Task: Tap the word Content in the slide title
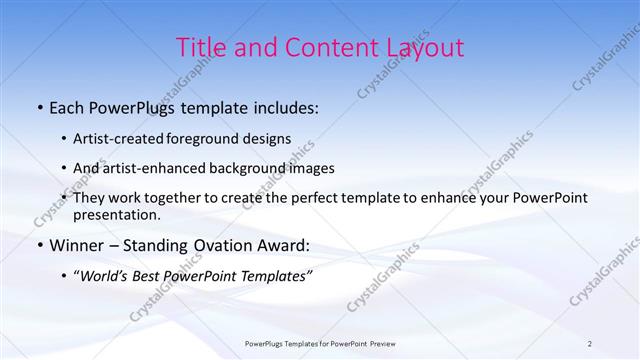coord(321,48)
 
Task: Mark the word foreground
coord(210,139)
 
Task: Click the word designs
coord(269,139)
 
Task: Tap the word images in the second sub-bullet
coord(312,168)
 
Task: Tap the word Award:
coord(286,245)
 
